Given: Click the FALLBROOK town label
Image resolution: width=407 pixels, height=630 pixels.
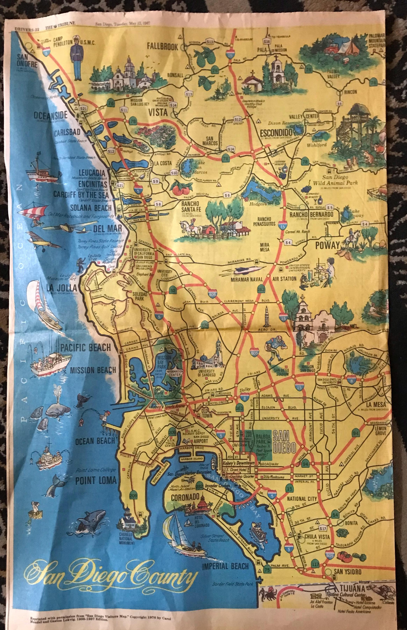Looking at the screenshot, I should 163,47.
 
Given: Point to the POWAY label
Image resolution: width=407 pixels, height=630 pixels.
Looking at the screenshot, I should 327,245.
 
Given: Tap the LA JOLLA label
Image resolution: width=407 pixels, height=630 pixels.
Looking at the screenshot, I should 61,287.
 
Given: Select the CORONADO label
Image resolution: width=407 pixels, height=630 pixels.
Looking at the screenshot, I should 185,497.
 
